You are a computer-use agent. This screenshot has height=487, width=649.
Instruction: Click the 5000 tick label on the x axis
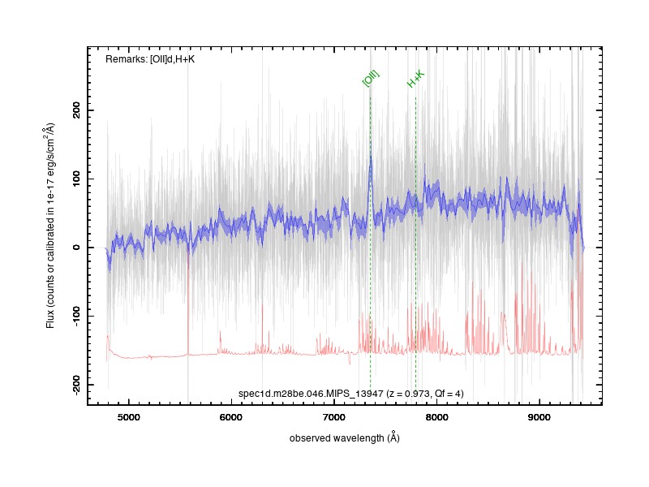click(128, 417)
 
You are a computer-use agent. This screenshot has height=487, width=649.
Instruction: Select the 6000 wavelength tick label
click(230, 417)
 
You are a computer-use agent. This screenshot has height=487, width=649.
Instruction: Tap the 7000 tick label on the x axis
click(333, 417)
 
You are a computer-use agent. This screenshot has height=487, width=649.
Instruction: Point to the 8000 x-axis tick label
click(436, 417)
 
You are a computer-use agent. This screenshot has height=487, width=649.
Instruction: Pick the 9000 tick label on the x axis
click(539, 417)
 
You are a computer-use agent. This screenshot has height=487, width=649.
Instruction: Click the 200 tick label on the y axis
click(76, 110)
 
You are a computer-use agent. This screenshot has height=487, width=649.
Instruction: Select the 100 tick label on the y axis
click(76, 179)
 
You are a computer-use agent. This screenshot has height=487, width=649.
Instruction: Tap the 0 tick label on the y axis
click(76, 248)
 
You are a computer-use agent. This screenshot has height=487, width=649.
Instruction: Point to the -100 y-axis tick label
click(76, 317)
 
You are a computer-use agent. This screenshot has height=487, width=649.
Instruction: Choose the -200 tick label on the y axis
click(76, 385)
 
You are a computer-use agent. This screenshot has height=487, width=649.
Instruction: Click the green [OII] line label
click(371, 78)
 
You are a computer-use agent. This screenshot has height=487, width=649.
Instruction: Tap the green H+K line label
click(415, 79)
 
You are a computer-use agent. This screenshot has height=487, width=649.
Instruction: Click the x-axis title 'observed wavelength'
click(337, 438)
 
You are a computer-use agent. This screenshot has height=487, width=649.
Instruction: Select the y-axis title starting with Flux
click(50, 226)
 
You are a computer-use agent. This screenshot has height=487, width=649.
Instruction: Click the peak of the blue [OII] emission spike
click(371, 156)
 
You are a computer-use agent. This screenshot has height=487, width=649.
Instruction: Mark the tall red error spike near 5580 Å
click(188, 302)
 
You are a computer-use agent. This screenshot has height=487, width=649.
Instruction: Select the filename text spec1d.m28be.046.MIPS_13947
click(311, 394)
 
